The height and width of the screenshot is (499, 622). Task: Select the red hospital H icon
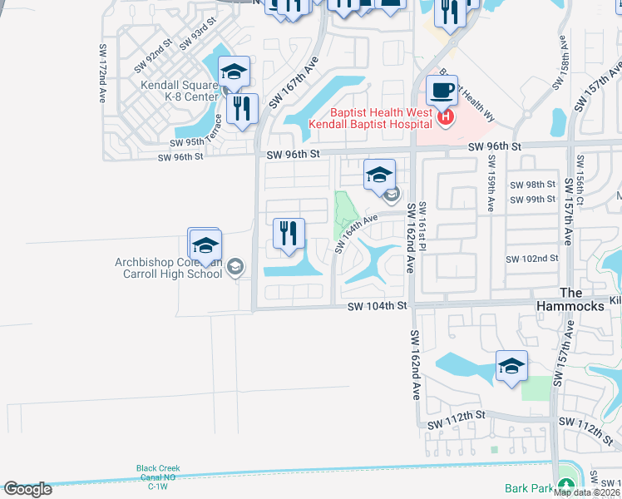pyautogui.click(x=445, y=118)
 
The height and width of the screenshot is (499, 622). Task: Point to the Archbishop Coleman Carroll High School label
pyautogui.click(x=169, y=268)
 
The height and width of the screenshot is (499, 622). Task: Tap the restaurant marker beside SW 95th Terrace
pyautogui.click(x=242, y=108)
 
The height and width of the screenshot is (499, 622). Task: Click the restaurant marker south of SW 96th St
pyautogui.click(x=289, y=233)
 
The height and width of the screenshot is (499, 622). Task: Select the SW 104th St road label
pyautogui.click(x=379, y=307)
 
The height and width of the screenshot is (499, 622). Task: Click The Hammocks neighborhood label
pyautogui.click(x=581, y=299)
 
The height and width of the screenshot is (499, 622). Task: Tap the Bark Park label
pyautogui.click(x=529, y=488)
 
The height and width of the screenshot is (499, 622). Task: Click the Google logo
pyautogui.click(x=28, y=488)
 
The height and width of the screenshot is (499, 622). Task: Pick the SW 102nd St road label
pyautogui.click(x=532, y=259)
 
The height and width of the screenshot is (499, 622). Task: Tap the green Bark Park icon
pyautogui.click(x=566, y=485)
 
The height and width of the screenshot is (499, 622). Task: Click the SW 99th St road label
pyautogui.click(x=532, y=200)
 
